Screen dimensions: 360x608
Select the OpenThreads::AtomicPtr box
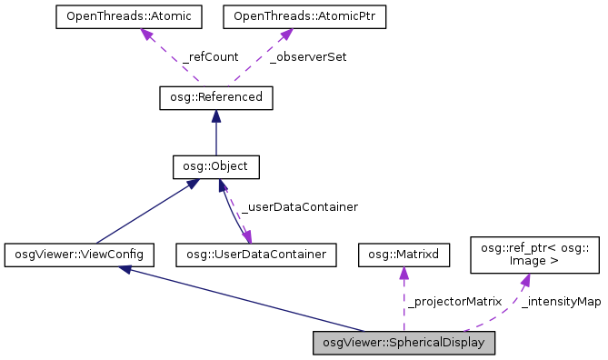point(285,17)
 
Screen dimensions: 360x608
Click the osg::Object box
point(215,166)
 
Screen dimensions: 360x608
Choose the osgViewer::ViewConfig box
point(79,255)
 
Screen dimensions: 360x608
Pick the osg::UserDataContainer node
point(256,255)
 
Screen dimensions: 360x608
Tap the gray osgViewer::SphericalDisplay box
point(404,343)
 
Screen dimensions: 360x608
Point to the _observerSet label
point(308,57)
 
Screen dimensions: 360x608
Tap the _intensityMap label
point(562,301)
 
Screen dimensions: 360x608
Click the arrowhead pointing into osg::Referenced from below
point(215,115)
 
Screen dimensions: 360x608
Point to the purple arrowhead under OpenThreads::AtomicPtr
point(284,35)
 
